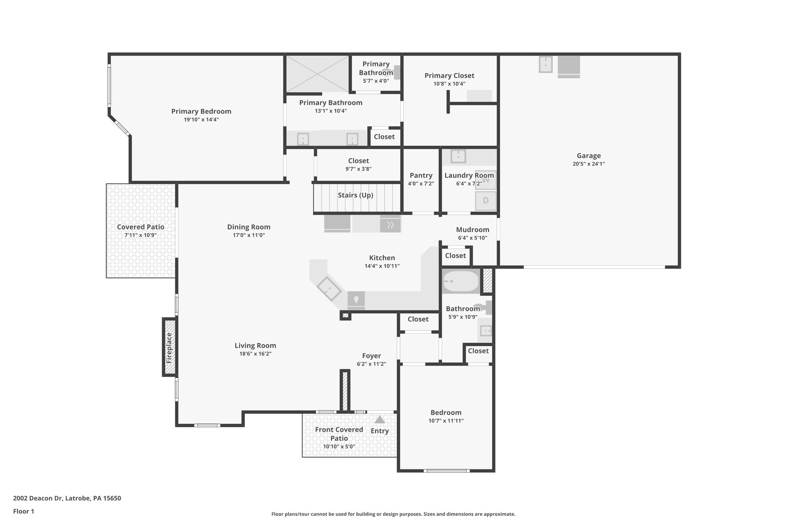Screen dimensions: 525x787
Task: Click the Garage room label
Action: click(588, 156)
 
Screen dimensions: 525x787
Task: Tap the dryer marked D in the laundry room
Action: click(486, 200)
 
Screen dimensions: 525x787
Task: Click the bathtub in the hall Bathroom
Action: click(460, 282)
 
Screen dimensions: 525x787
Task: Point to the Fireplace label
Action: click(169, 348)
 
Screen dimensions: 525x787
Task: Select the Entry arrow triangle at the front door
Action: click(380, 420)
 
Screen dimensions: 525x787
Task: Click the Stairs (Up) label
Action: click(355, 195)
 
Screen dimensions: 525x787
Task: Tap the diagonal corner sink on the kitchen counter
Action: click(329, 288)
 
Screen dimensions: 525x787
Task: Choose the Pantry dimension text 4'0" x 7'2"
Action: click(421, 183)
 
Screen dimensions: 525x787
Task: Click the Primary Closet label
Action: click(449, 76)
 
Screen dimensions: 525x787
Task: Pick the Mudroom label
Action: click(472, 230)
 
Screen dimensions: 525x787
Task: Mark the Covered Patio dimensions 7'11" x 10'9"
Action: click(141, 235)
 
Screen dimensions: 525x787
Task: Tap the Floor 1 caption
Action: click(23, 511)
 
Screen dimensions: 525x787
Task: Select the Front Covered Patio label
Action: click(339, 434)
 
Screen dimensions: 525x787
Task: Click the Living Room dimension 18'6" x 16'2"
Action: click(255, 354)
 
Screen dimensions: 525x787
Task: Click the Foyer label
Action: click(371, 356)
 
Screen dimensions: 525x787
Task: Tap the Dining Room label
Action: click(249, 227)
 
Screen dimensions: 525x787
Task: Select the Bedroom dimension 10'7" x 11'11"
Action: click(446, 421)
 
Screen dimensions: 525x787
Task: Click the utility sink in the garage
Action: click(545, 65)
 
